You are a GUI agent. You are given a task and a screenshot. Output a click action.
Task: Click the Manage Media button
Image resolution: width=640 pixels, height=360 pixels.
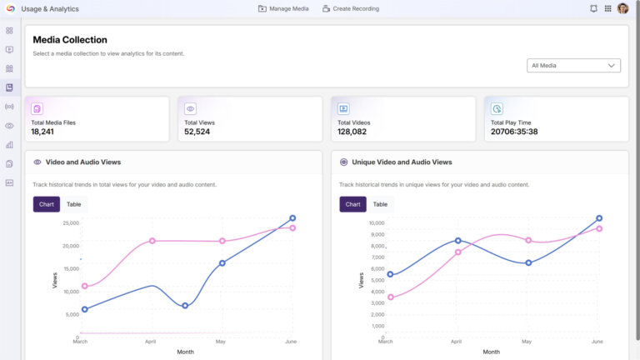[283, 8]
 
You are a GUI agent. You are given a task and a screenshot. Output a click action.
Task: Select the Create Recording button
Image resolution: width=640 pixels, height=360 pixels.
[350, 8]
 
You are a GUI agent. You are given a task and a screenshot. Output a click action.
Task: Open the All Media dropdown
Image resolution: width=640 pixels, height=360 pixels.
[575, 66]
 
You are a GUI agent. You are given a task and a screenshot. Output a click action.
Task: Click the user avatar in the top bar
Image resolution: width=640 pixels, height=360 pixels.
[622, 8]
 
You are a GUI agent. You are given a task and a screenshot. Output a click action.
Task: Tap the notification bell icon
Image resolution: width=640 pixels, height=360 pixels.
[593, 8]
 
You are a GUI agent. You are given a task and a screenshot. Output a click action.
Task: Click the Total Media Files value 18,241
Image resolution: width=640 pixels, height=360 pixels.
[43, 132]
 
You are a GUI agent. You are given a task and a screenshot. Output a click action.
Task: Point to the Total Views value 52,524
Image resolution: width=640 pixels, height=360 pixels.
[197, 132]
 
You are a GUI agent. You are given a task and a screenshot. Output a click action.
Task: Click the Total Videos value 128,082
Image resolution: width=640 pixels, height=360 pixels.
[352, 132]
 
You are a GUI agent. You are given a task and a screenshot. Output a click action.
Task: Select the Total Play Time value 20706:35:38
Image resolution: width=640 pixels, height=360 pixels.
[514, 132]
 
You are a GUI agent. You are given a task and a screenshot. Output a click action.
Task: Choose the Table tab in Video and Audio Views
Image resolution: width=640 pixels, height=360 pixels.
[74, 204]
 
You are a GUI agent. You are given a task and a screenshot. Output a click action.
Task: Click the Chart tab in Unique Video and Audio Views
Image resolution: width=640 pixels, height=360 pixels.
[353, 204]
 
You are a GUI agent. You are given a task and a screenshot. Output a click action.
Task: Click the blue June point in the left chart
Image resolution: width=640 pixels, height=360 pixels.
[292, 218]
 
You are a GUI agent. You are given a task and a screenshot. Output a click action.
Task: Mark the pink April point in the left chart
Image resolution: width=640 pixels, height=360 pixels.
[152, 241]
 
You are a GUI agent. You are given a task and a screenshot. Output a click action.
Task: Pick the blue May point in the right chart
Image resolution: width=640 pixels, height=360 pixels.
[528, 262]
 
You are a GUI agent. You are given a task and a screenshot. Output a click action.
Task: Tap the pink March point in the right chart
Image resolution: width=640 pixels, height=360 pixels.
[390, 297]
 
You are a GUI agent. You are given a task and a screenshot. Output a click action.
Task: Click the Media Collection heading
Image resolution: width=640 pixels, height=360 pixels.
[70, 40]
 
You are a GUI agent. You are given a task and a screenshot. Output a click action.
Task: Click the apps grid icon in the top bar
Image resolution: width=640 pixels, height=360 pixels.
[607, 8]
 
